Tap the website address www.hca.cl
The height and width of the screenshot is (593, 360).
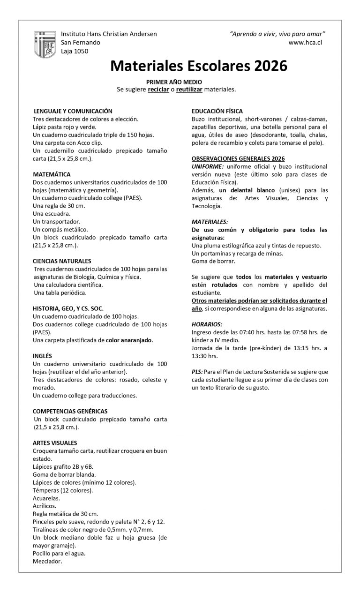click(305, 42)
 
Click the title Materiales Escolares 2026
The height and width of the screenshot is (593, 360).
click(199, 66)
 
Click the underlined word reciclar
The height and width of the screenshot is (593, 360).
click(158, 89)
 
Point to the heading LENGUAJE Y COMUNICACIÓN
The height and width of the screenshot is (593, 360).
click(73, 111)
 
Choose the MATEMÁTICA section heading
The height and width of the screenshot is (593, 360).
click(52, 174)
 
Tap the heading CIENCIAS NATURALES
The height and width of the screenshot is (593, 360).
click(62, 261)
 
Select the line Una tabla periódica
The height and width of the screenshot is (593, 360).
click(60, 293)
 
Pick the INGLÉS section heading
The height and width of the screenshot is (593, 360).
click(42, 356)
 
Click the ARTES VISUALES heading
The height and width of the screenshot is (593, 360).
click(55, 443)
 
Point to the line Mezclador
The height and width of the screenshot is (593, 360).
click(47, 561)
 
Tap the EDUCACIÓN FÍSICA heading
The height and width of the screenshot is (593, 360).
click(217, 111)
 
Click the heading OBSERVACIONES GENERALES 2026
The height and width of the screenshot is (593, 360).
click(238, 158)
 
